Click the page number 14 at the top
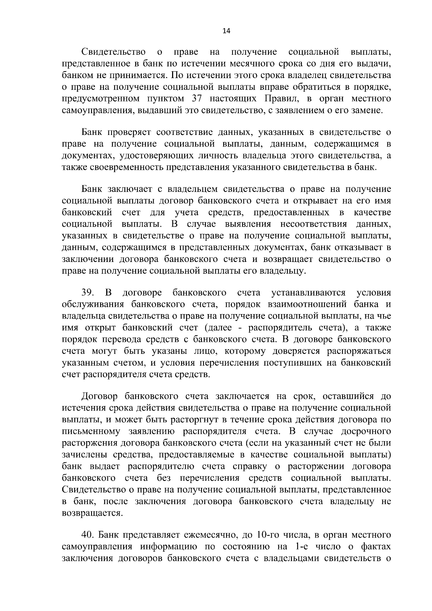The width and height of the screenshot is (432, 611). pyautogui.click(x=226, y=31)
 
